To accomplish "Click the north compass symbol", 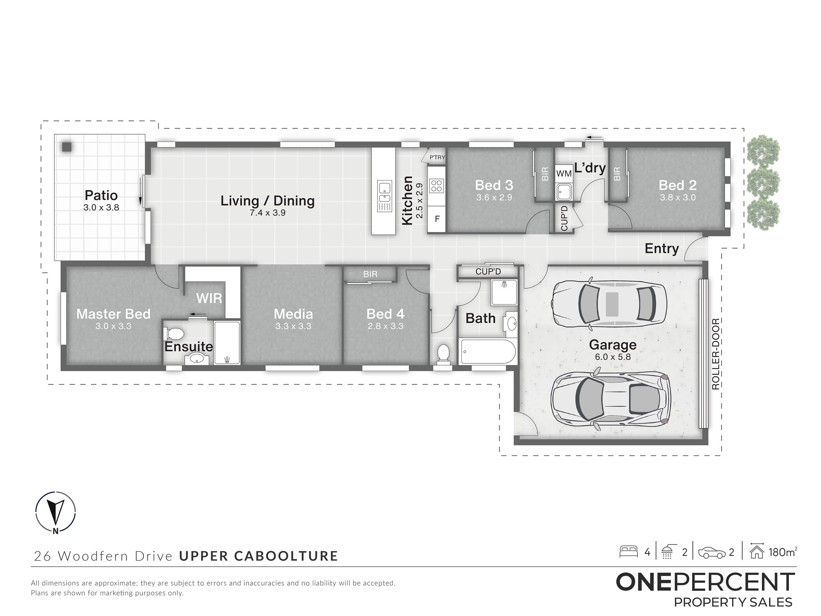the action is point(55,512).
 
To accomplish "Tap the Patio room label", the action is point(101,195).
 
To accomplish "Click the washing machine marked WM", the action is point(564,173).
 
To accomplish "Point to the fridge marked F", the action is point(437,219).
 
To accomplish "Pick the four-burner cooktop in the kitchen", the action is point(436,186).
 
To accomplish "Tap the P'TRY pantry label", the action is point(437,157).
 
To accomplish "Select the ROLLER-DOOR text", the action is point(716,354).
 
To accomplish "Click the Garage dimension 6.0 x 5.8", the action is point(613,357).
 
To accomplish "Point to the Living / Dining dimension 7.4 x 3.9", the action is point(268,213).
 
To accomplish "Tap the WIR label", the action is point(209,298).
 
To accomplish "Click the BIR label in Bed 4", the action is point(370,274).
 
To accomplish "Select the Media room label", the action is point(293,314).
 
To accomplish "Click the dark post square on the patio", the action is point(67,147).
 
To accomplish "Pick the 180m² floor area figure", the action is point(782,552).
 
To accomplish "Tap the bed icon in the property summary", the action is point(628,551).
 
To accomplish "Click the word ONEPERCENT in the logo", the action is point(706,582).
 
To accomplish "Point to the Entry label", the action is point(662,249).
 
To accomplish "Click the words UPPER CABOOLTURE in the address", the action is point(259,556).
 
